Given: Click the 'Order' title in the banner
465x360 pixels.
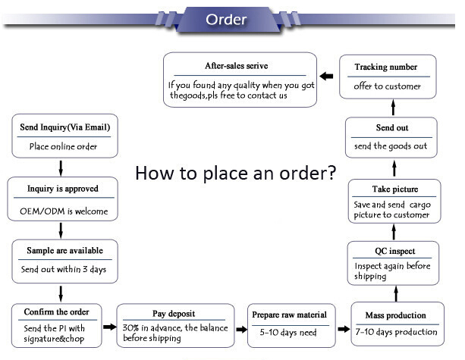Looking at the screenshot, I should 225,19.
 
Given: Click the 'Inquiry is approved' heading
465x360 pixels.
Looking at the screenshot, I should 62,188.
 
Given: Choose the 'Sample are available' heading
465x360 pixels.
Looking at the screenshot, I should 63,250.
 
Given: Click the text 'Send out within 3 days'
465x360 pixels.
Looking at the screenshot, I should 63,270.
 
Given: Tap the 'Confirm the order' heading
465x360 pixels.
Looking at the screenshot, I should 57,311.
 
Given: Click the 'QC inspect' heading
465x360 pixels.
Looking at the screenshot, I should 394,251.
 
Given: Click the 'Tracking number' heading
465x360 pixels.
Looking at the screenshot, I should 385,67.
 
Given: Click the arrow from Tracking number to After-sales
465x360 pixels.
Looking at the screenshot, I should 326,76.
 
